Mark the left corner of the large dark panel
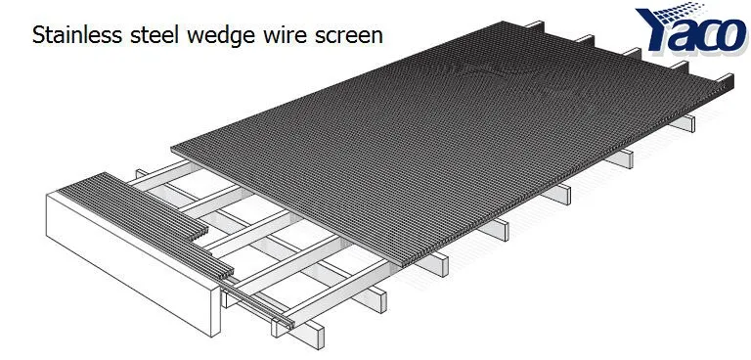(x=173, y=149)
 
